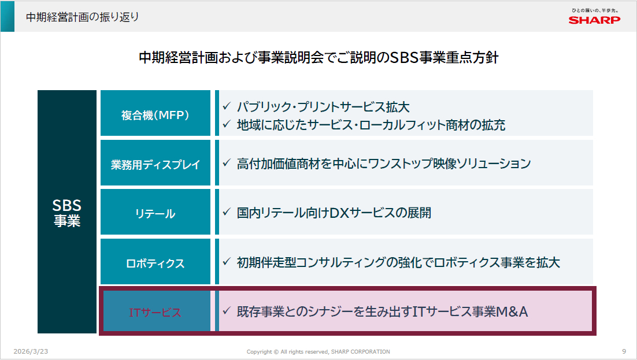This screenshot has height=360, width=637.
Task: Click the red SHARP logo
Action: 594,20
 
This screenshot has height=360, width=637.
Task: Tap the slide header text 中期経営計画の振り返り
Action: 83,17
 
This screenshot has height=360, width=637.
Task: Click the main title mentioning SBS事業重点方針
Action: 318,57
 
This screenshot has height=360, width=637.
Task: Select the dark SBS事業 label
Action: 67,213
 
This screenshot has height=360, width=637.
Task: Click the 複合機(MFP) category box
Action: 155,113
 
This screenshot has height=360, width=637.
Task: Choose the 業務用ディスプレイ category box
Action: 155,162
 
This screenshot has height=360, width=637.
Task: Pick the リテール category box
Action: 155,211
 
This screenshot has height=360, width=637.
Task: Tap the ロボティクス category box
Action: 155,261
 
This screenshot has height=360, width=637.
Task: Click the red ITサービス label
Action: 155,312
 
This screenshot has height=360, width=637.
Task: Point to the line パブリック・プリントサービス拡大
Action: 323,107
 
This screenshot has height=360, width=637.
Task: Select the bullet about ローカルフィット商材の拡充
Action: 371,125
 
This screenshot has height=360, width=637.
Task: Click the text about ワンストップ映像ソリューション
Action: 384,164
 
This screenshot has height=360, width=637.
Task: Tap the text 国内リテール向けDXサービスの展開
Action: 334,213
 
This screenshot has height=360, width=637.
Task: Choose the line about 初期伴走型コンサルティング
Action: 398,262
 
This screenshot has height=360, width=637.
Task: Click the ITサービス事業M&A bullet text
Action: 382,311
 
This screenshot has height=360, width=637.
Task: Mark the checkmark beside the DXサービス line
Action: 227,211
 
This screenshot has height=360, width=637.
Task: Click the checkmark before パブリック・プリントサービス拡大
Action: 227,106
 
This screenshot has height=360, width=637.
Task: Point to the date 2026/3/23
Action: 31,351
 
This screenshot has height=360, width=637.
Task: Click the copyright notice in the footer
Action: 318,352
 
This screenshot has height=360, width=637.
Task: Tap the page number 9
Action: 624,351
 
